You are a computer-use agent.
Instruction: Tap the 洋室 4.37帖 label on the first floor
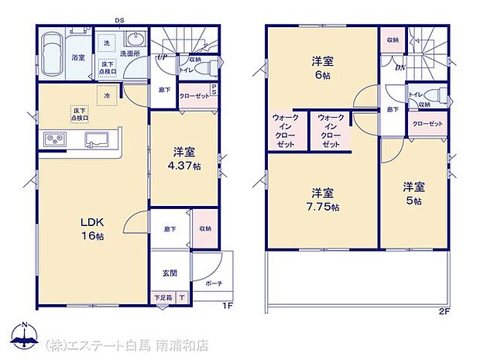[187, 159]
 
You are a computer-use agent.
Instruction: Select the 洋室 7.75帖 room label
[323, 199]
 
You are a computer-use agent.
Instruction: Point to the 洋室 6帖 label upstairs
[323, 67]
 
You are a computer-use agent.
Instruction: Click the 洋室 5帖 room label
[413, 194]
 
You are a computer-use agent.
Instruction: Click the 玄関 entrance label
[170, 273]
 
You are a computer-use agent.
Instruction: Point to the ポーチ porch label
[214, 283]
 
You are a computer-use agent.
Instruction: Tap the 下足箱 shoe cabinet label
[162, 297]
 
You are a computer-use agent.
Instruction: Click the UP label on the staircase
[162, 57]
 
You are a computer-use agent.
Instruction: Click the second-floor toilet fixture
[438, 97]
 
